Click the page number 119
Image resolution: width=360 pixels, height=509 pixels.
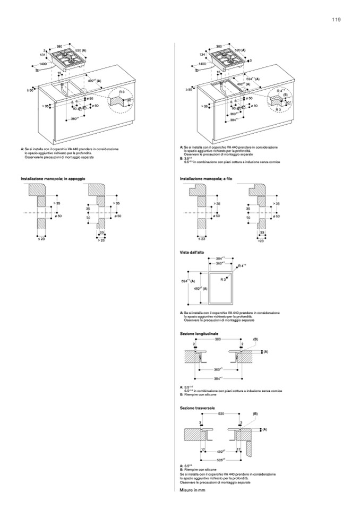[336, 20]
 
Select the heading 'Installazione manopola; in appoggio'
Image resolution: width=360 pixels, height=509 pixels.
[53, 179]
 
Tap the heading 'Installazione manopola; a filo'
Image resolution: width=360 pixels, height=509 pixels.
[207, 179]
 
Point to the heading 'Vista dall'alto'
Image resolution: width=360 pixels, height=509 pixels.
[192, 254]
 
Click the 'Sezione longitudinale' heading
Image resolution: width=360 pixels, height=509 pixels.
[200, 333]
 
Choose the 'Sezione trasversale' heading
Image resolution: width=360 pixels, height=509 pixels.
[198, 408]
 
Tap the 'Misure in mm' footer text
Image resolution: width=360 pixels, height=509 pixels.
[192, 490]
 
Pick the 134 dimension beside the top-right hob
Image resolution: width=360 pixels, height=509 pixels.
[202, 55]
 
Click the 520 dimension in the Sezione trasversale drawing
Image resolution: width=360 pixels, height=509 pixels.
[221, 413]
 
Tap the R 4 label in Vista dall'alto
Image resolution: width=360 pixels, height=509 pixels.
[243, 265]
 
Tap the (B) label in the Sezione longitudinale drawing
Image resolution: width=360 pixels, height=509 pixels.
[255, 339]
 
